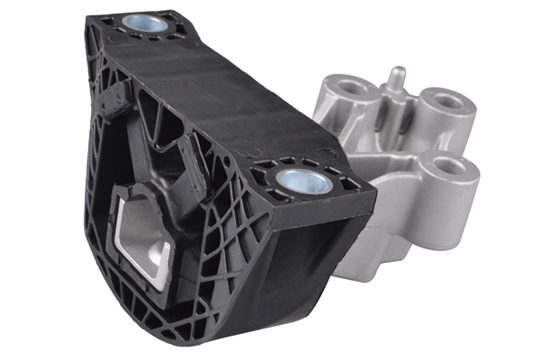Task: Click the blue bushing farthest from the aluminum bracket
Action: click(x=145, y=23)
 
